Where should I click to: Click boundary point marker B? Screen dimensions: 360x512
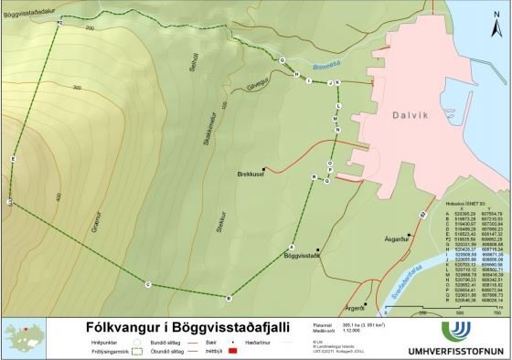tap(229, 298)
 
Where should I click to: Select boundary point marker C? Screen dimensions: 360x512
tap(147, 285)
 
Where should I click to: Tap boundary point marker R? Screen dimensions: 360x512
tap(314, 175)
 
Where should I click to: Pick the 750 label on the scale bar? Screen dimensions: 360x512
tap(498, 312)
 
